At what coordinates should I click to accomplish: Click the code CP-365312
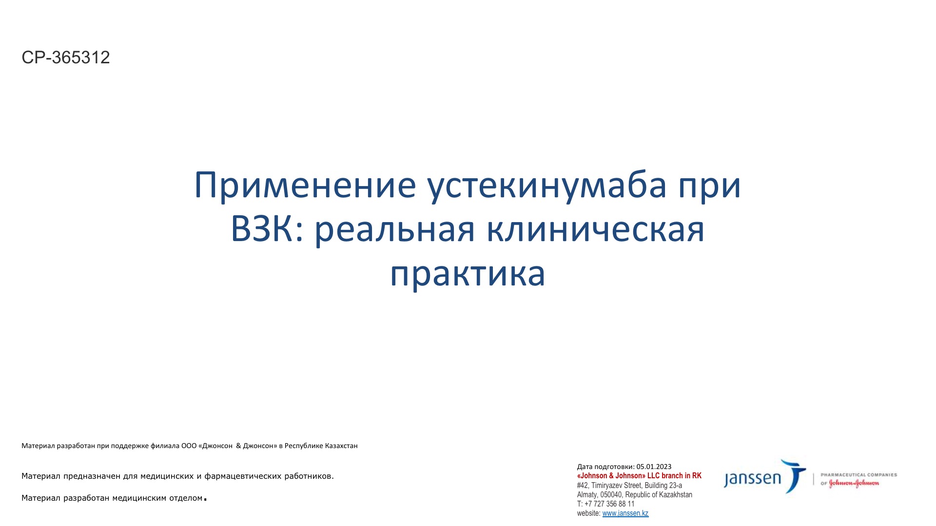(x=66, y=57)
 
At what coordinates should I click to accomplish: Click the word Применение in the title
(x=305, y=185)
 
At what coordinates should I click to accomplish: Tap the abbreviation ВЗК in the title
(x=263, y=229)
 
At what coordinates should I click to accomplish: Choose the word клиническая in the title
(x=596, y=230)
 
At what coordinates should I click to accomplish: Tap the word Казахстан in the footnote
(x=341, y=446)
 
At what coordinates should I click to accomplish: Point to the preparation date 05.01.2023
(x=654, y=467)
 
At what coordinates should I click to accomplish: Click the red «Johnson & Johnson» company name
(x=611, y=476)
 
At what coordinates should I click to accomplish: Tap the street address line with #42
(x=629, y=485)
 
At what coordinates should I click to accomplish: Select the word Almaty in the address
(x=587, y=494)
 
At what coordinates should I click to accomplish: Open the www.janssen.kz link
(x=625, y=513)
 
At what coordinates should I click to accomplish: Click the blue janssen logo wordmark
(x=753, y=479)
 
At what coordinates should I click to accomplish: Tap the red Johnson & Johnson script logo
(x=854, y=483)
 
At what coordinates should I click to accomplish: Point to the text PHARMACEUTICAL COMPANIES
(x=859, y=474)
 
